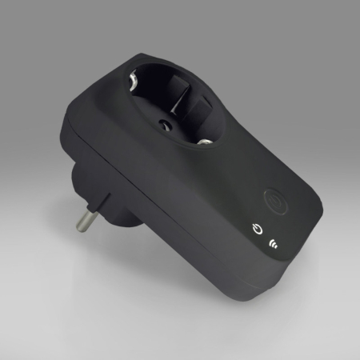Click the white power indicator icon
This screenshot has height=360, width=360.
point(255,228)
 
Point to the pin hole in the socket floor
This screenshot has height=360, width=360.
point(166,124)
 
